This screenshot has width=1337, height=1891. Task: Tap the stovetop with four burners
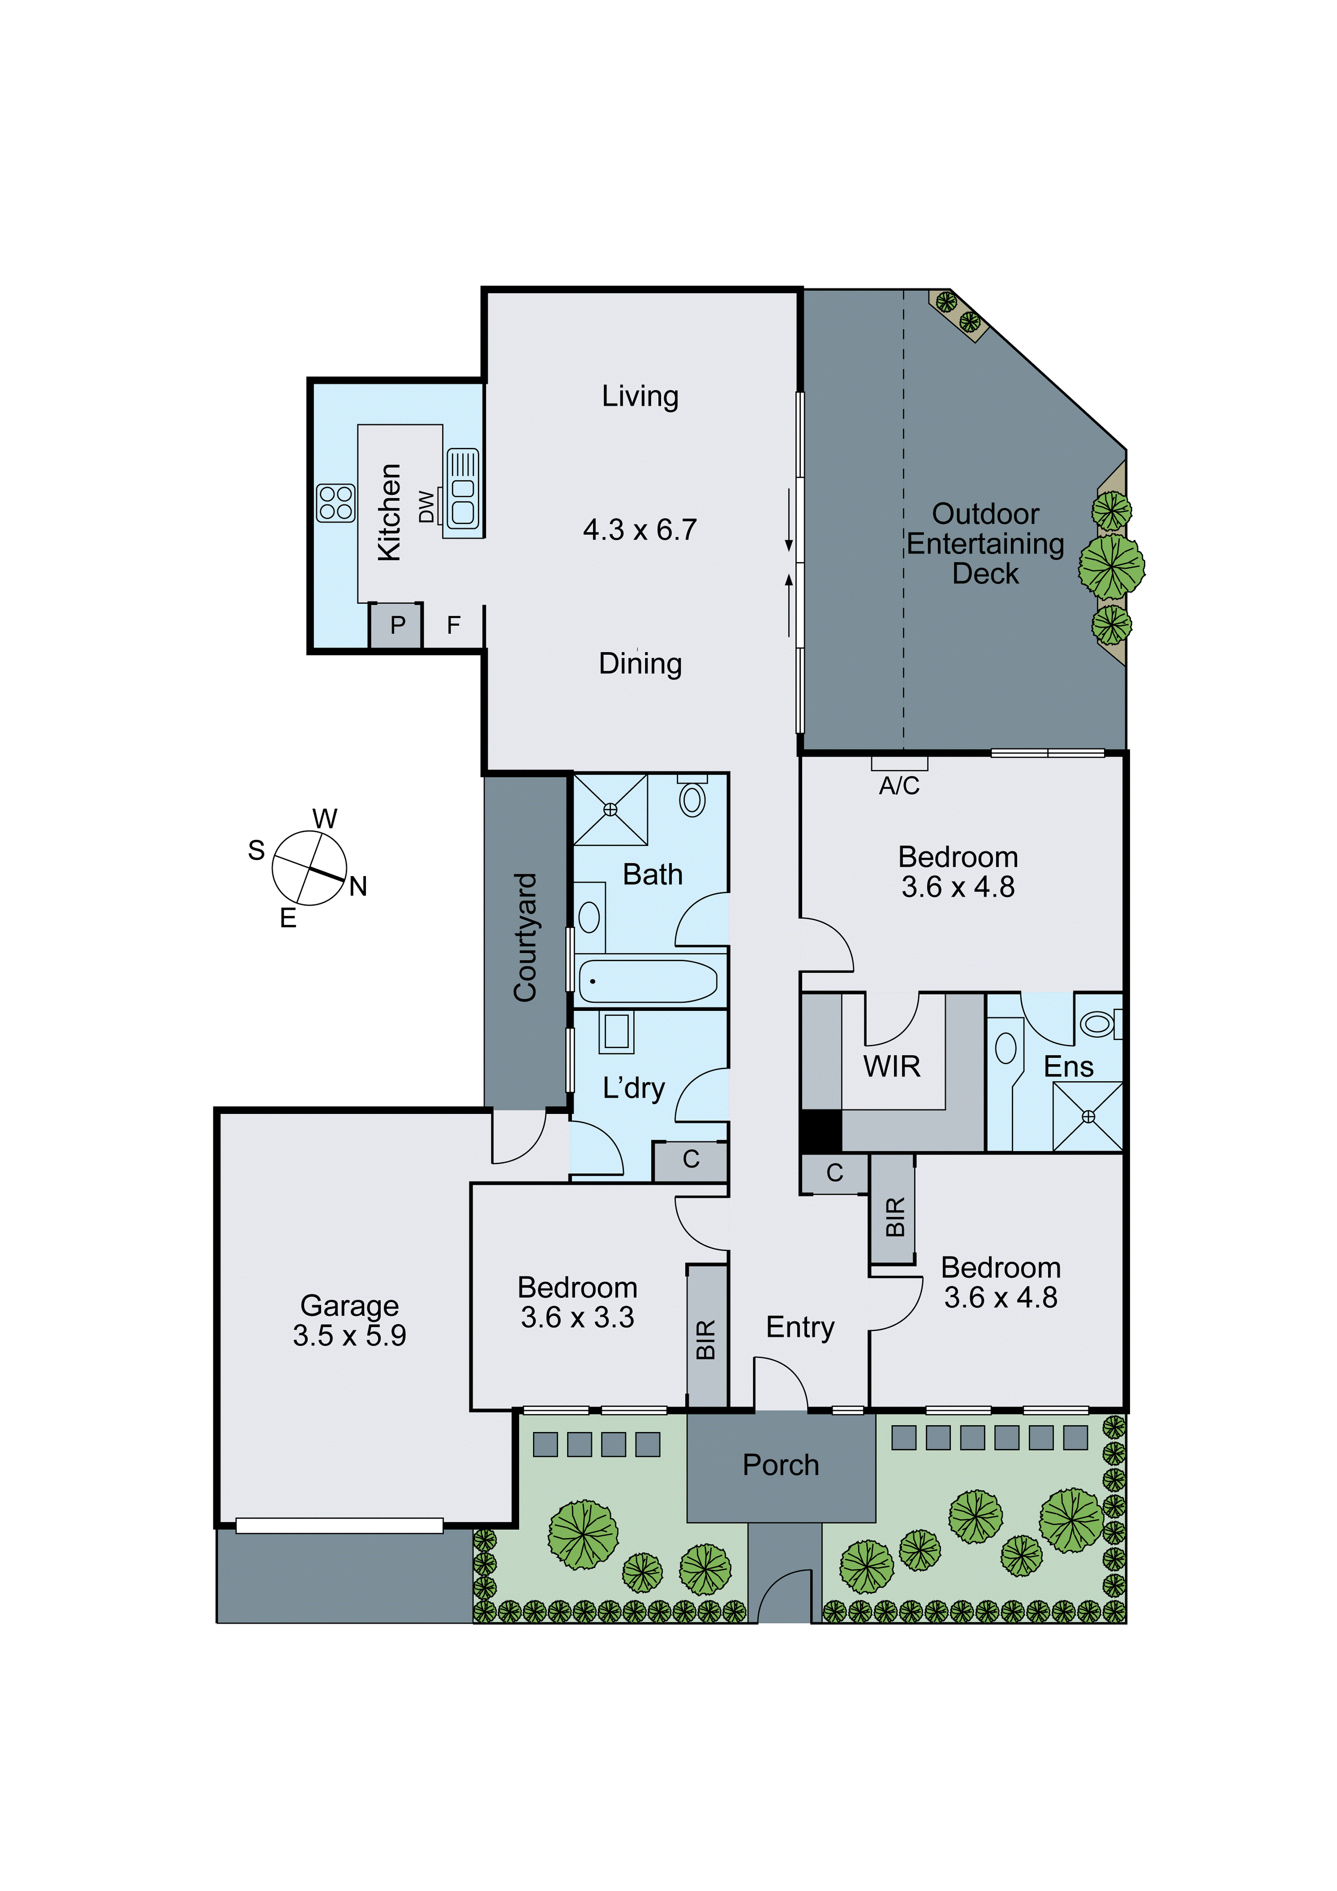[x=335, y=503]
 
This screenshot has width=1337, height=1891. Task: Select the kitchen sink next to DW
[x=462, y=488]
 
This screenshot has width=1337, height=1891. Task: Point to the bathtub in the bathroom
[x=648, y=981]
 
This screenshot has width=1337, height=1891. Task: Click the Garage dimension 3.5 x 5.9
[x=349, y=1335]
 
